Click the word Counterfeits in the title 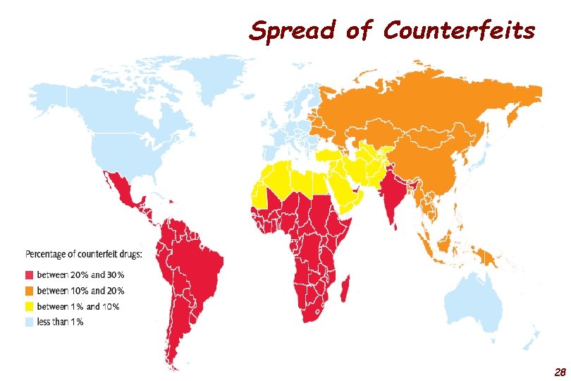tap(459, 31)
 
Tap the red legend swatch tap(30, 275)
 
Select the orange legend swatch tap(30, 291)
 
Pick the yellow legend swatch tap(30, 306)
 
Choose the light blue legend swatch tap(30, 322)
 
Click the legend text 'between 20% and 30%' tap(80, 275)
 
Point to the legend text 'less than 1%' tap(61, 322)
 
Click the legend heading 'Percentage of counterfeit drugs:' tap(84, 253)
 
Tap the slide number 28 tap(560, 371)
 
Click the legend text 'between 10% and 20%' tap(80, 291)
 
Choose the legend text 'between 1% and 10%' tap(78, 306)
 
